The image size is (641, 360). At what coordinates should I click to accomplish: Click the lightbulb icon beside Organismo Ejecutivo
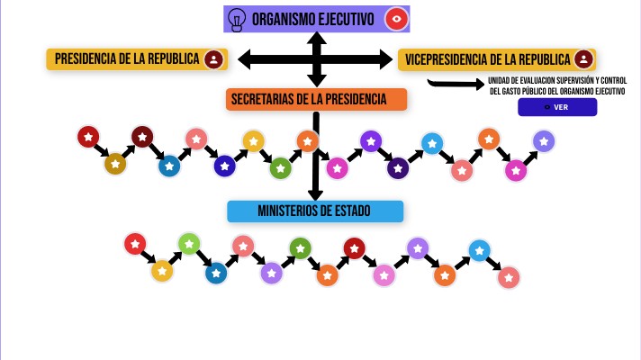click(237, 18)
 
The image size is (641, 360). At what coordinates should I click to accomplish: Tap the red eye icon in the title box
click(395, 18)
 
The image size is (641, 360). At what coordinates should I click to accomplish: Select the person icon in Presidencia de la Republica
click(213, 59)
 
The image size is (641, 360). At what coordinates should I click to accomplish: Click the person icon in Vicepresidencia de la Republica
click(583, 59)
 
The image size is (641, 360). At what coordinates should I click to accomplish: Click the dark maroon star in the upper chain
click(142, 137)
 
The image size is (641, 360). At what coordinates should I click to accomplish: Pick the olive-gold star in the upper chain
click(115, 164)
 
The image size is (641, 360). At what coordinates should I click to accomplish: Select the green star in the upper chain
click(281, 167)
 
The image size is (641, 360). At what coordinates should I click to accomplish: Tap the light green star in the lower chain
click(188, 243)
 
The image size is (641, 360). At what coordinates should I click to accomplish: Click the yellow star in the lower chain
click(161, 270)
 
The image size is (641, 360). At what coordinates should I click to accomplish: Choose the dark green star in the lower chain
click(300, 248)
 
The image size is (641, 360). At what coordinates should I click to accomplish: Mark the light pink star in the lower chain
click(384, 275)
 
